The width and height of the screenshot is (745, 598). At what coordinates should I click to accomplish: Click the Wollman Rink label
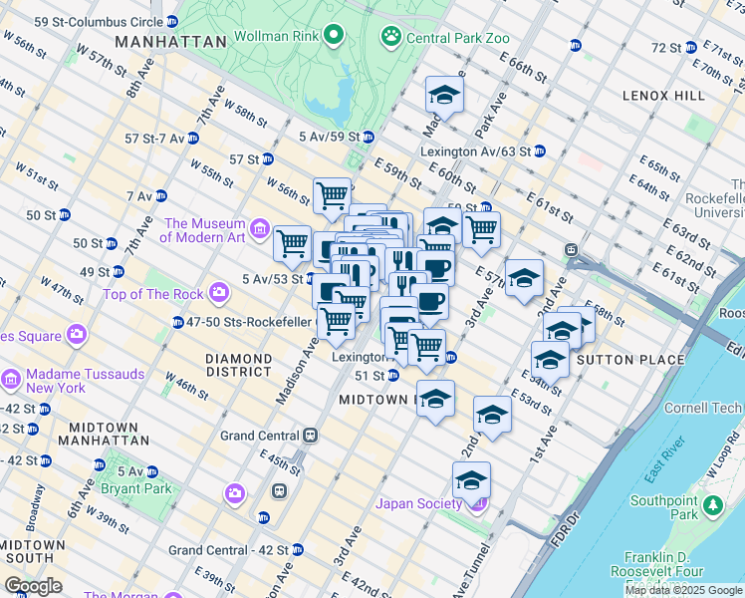pos(276,38)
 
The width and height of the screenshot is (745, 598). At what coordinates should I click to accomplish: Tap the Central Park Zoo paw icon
pos(390,38)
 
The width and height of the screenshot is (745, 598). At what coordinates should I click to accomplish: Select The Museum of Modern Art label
pos(204,230)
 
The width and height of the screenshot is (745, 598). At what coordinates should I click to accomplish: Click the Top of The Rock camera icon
pos(219,293)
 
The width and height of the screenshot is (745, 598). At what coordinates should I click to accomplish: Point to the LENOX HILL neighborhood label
pos(665,95)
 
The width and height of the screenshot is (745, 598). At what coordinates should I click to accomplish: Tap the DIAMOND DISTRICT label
pos(238,365)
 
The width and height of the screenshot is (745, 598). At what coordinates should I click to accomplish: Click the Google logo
pos(33,585)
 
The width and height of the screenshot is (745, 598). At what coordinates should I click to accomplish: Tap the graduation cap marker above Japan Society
pos(471,481)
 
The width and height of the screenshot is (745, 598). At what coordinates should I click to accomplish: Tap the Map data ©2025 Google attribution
pos(682,590)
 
